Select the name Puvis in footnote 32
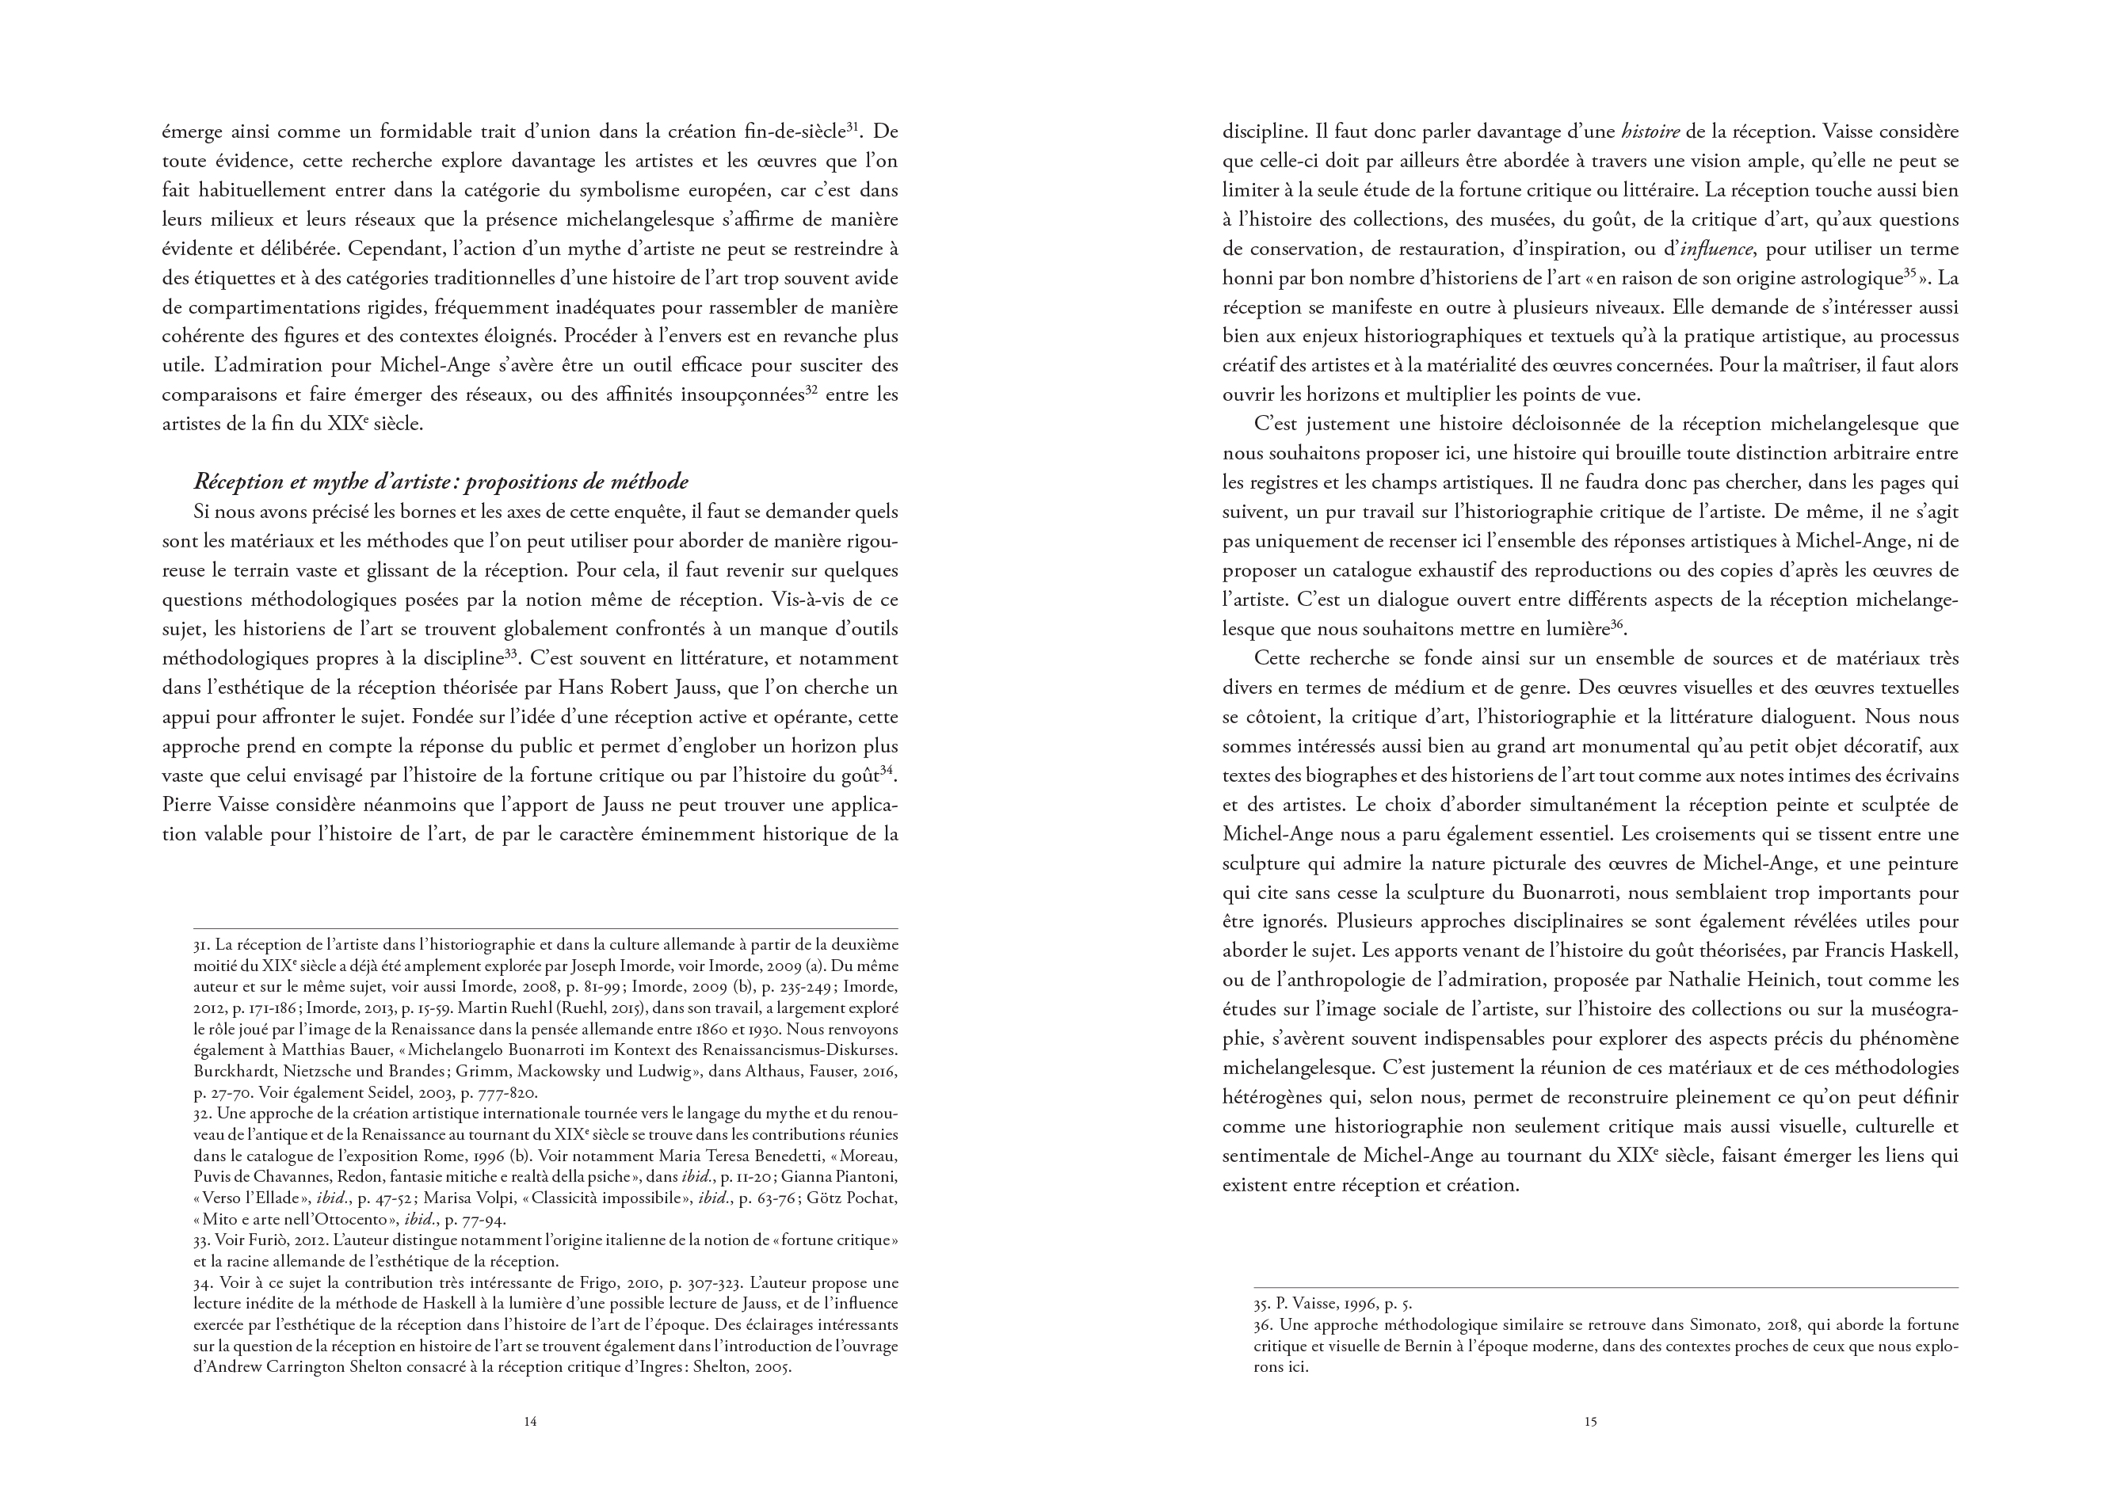(213, 1176)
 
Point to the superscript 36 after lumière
(1616, 624)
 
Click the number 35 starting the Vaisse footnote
(1262, 1304)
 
